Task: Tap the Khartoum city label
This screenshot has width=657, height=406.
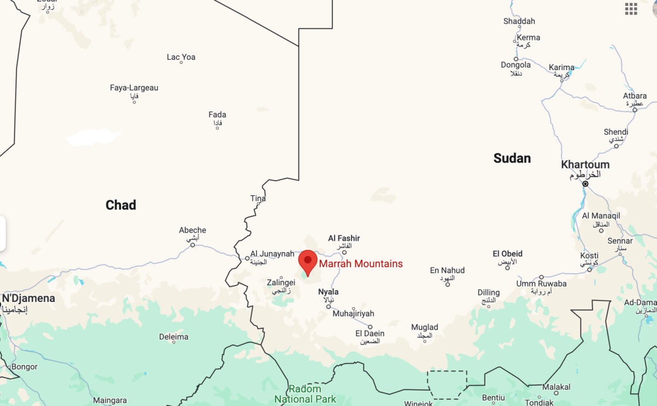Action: [585, 165]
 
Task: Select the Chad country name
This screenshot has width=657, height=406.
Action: [120, 205]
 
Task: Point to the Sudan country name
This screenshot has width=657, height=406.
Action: [512, 158]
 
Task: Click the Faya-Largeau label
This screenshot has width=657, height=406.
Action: [134, 88]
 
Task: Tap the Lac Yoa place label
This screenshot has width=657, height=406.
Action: [181, 57]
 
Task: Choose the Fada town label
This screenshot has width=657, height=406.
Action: [217, 115]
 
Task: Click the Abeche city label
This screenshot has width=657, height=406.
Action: [192, 230]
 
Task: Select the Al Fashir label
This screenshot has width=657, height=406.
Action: [344, 238]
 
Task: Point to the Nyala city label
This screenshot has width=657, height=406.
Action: [328, 292]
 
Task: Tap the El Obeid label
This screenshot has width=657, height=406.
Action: [508, 254]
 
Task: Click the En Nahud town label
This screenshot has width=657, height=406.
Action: [447, 270]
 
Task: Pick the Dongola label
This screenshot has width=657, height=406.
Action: [516, 65]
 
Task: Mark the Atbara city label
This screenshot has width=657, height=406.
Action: [635, 96]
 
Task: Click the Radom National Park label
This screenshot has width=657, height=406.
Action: [305, 394]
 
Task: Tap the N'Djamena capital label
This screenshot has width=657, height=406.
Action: [28, 299]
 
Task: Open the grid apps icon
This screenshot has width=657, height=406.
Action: [631, 8]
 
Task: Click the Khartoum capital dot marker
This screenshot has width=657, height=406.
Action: [585, 184]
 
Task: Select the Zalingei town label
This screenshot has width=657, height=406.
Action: [281, 283]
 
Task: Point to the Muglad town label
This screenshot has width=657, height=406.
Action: [425, 328]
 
